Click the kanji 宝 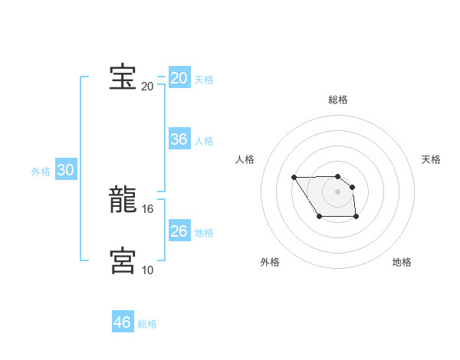[x=123, y=77]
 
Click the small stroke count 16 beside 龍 [x=148, y=208]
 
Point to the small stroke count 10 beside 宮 [x=148, y=270]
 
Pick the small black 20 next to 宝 [x=148, y=86]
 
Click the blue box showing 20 [x=179, y=78]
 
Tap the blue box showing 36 [x=179, y=139]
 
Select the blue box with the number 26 [x=179, y=231]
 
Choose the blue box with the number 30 [x=66, y=170]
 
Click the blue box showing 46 [x=123, y=322]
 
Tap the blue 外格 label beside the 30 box [x=41, y=172]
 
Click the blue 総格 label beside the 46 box [x=147, y=324]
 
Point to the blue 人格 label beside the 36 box [x=204, y=141]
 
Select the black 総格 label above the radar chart [x=338, y=100]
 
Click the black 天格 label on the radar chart [x=432, y=159]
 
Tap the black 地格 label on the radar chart [x=402, y=262]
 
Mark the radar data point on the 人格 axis [x=294, y=178]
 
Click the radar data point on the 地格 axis [x=356, y=218]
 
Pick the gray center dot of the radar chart [x=338, y=191]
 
